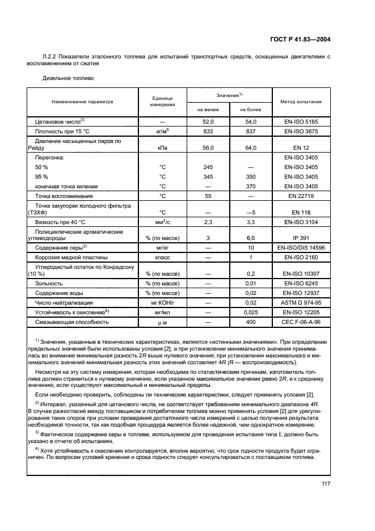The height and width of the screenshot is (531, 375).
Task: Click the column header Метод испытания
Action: tap(301, 102)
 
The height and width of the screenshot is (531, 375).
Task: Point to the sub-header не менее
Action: tap(208, 109)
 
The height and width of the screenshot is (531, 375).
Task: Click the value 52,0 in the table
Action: tap(208, 121)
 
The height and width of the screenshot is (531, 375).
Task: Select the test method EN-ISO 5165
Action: tap(301, 121)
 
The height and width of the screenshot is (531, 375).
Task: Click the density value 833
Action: tap(208, 130)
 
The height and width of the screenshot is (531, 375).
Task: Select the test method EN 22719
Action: tap(301, 195)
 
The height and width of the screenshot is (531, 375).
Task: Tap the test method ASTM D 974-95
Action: tap(301, 303)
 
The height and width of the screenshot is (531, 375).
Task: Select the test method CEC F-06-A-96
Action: tap(301, 322)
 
